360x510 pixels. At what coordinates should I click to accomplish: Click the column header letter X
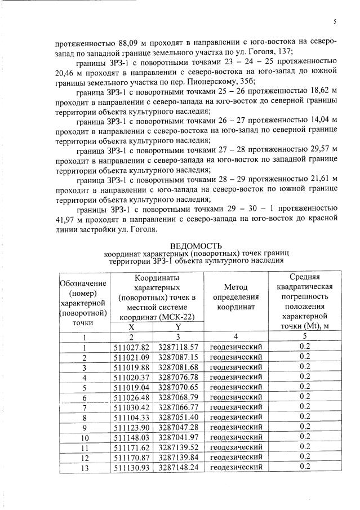pos(131,327)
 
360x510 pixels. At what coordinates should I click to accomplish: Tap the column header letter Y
pos(177,327)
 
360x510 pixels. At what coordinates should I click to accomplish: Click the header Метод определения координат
pos(235,296)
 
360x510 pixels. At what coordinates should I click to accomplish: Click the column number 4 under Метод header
pos(235,338)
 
